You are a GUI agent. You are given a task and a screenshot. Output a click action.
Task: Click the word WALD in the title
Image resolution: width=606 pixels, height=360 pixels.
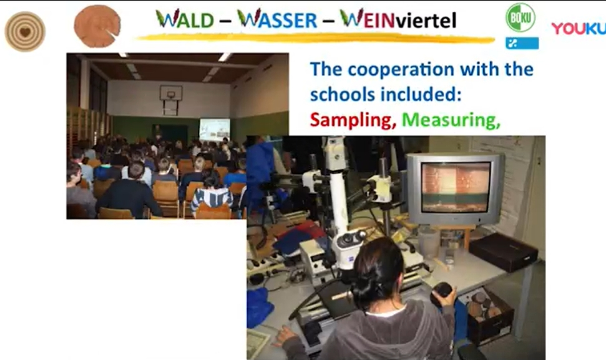click(x=185, y=19)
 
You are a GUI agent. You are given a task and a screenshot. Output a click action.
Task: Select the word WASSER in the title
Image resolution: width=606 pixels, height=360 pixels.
click(x=277, y=19)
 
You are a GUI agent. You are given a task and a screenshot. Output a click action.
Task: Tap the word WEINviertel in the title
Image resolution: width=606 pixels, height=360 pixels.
click(x=398, y=19)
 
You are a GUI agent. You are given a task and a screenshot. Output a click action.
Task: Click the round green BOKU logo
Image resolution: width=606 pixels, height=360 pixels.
click(x=520, y=17)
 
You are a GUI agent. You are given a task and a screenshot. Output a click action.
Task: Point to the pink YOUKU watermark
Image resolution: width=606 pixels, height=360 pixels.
click(x=578, y=28)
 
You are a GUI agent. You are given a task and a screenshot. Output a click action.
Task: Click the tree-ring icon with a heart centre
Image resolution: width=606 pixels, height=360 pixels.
click(x=25, y=32)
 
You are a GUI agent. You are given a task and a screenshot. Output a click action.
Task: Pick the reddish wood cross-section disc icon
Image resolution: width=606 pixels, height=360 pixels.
click(x=97, y=26)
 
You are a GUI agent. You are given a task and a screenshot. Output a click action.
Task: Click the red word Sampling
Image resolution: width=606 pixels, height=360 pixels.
click(x=353, y=120)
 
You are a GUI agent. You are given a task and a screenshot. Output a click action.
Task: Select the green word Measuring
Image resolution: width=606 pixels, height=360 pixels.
click(x=451, y=120)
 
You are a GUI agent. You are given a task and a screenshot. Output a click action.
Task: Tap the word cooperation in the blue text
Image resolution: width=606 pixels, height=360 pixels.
click(x=401, y=70)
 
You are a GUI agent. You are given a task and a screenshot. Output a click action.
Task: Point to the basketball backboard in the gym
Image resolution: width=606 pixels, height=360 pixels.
click(x=171, y=93)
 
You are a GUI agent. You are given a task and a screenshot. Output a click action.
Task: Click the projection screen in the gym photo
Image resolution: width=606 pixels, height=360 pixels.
click(x=215, y=129)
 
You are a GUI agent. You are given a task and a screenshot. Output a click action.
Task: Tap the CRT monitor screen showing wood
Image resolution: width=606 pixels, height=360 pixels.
click(x=456, y=187)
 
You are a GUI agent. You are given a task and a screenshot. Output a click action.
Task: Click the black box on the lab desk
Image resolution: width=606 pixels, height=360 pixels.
click(x=503, y=252)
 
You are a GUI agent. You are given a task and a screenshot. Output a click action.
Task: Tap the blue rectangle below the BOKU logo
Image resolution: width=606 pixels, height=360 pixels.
click(x=522, y=43)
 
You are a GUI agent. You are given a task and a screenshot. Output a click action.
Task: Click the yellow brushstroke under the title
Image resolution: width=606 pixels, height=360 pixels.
click(x=316, y=38)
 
